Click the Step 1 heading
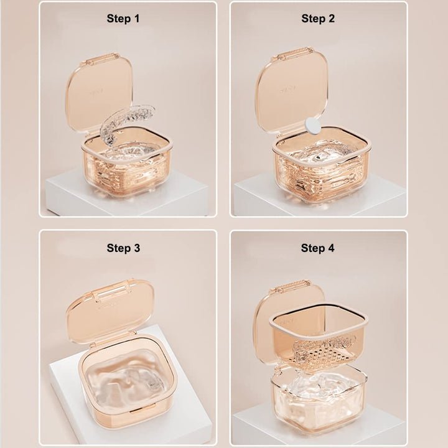click(123, 19)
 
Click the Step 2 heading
click(318, 19)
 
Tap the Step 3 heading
click(123, 248)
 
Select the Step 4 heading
click(317, 248)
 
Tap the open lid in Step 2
click(291, 90)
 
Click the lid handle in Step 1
click(99, 59)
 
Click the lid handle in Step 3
click(113, 289)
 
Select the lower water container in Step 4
click(319, 400)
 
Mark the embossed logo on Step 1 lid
click(96, 92)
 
